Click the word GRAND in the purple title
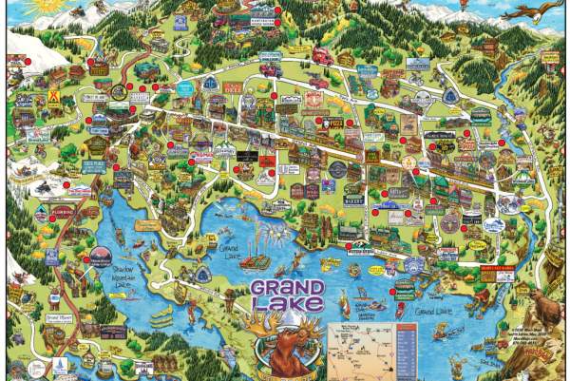[288, 288]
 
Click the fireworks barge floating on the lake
[255, 261]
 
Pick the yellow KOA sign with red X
[56, 97]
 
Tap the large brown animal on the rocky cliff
[545, 306]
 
